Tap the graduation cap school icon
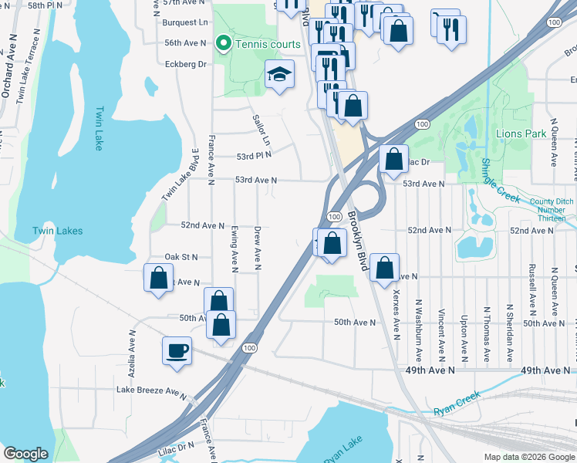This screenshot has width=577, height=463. tap(278, 74)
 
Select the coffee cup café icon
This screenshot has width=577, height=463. tap(177, 351)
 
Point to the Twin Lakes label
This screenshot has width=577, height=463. tap(57, 231)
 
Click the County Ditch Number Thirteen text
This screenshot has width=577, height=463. tap(552, 209)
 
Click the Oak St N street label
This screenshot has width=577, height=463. tap(181, 256)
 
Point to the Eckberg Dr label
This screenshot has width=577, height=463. tap(185, 64)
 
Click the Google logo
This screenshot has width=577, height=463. tap(25, 454)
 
